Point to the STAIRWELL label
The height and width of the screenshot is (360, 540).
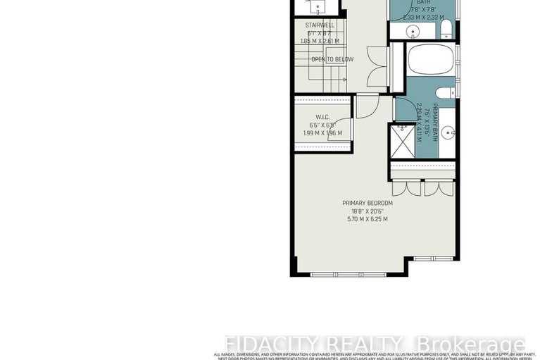319,25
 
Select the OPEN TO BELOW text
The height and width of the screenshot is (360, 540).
332,59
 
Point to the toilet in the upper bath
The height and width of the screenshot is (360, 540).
446,28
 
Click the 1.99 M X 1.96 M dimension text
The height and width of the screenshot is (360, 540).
321,133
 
